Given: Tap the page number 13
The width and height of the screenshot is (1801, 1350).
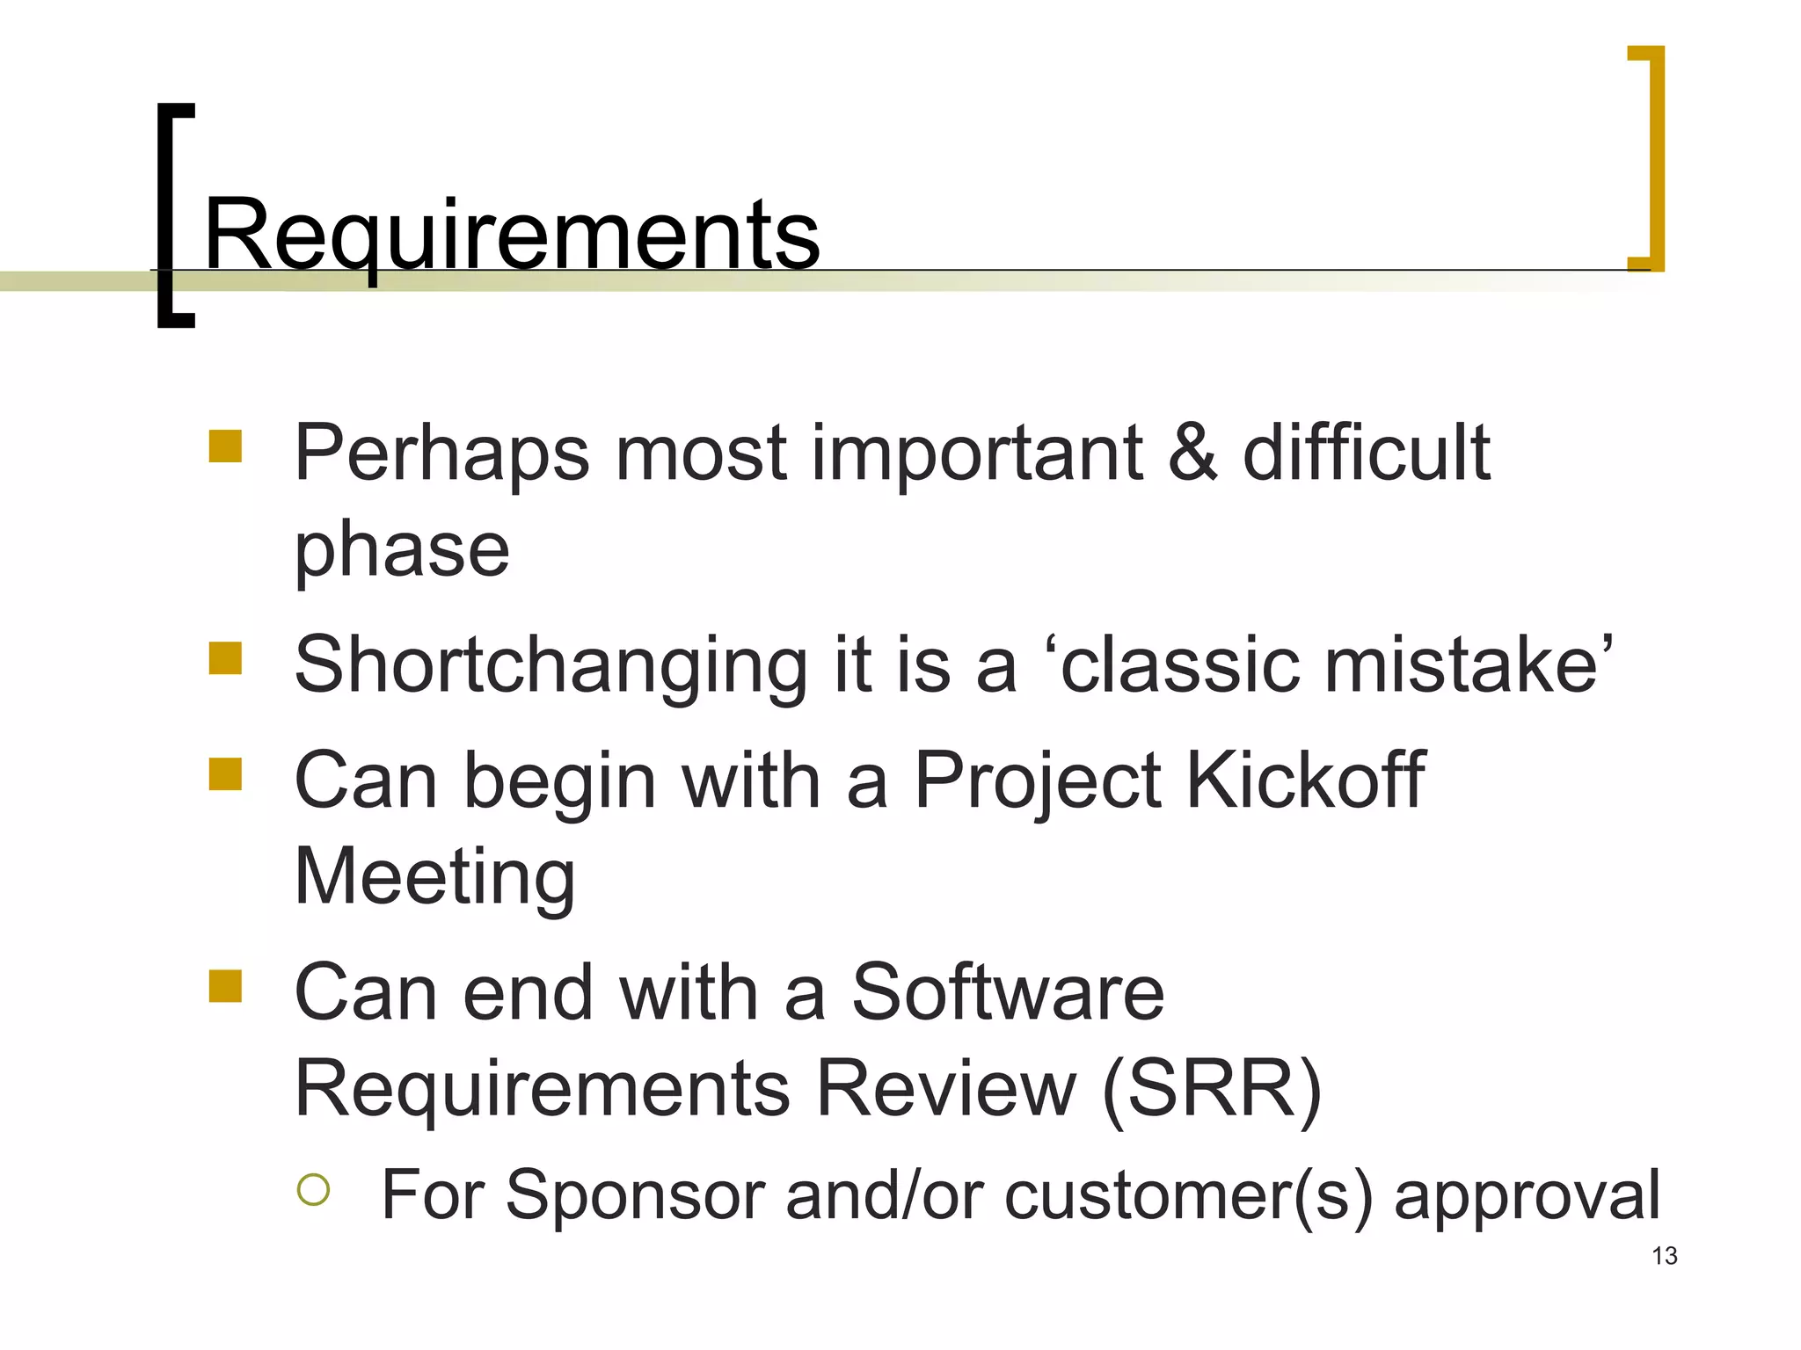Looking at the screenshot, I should (1664, 1256).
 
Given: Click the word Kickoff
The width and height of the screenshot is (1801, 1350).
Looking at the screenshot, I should (1305, 780).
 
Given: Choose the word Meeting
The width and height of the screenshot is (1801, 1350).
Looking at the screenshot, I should (434, 877).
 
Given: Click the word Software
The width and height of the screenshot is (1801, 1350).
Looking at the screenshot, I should (1008, 992).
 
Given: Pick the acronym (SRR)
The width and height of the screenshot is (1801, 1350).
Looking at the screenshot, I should (1212, 1088).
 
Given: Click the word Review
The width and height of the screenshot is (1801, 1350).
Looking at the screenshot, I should (946, 1088).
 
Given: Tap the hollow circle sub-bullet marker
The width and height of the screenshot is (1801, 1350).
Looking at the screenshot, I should (313, 1190).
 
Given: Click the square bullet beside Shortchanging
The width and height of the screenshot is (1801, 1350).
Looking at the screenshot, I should (225, 658).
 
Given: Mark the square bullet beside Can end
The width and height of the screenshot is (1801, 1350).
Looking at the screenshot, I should (225, 986).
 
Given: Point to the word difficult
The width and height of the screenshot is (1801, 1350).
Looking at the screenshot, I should (1366, 453).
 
